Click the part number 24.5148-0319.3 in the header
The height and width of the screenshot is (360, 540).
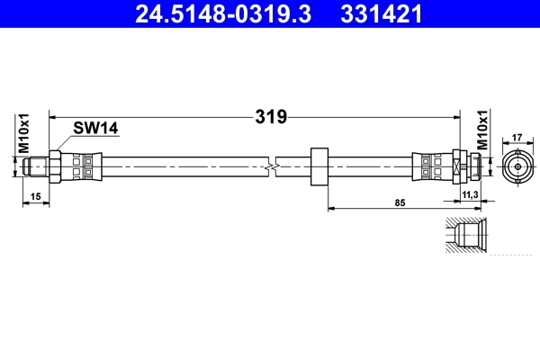coord(226,14)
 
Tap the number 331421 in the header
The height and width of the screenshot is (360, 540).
coord(379,14)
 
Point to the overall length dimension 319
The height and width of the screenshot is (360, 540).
coord(271,116)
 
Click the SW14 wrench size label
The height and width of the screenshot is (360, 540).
coord(96,129)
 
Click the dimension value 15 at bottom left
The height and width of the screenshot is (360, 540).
coord(34,195)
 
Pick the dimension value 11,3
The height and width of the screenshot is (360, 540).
coord(468,193)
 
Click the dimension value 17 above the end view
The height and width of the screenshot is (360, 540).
coord(517,138)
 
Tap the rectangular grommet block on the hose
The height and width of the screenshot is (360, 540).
coord(319,166)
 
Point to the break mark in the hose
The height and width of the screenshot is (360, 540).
coord(273,166)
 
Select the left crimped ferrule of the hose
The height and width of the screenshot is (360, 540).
coord(82,166)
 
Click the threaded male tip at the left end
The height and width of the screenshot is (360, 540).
coord(37,166)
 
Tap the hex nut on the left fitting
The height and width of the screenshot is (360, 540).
coord(54,166)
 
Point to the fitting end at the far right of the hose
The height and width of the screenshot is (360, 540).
coord(472,166)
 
